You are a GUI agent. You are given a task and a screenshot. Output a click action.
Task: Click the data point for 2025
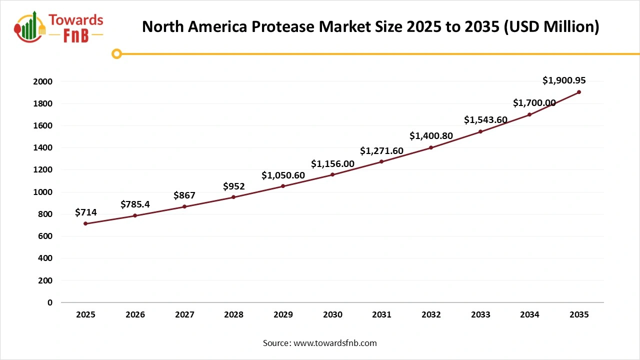pyautogui.click(x=85, y=223)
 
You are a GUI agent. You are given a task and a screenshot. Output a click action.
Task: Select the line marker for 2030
pyautogui.click(x=332, y=174)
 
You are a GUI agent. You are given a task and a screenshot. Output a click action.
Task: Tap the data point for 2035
pyautogui.click(x=579, y=92)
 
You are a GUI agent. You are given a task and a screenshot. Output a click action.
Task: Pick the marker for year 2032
pyautogui.click(x=431, y=147)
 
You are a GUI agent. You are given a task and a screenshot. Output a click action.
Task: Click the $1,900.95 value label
pyautogui.click(x=564, y=80)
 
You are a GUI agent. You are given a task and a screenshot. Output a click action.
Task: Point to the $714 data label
pyautogui.click(x=85, y=212)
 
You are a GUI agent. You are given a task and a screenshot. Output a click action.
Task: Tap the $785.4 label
pyautogui.click(x=135, y=204)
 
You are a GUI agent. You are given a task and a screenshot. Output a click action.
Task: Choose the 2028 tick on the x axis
pyautogui.click(x=233, y=315)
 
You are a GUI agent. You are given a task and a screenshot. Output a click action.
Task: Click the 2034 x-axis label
pyautogui.click(x=529, y=315)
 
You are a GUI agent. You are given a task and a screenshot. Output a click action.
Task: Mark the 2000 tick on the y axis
pyautogui.click(x=42, y=81)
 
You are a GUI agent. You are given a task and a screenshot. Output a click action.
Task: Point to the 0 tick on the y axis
pyautogui.click(x=49, y=302)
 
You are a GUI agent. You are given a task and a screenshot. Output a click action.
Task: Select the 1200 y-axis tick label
pyautogui.click(x=42, y=170)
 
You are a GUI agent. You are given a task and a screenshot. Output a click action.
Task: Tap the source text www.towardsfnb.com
pyautogui.click(x=334, y=343)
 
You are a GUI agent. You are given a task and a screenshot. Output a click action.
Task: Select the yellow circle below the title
pyautogui.click(x=117, y=53)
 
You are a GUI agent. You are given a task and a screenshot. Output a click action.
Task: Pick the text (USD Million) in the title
pyautogui.click(x=551, y=27)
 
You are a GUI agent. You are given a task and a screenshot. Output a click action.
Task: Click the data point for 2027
pyautogui.click(x=184, y=206)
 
